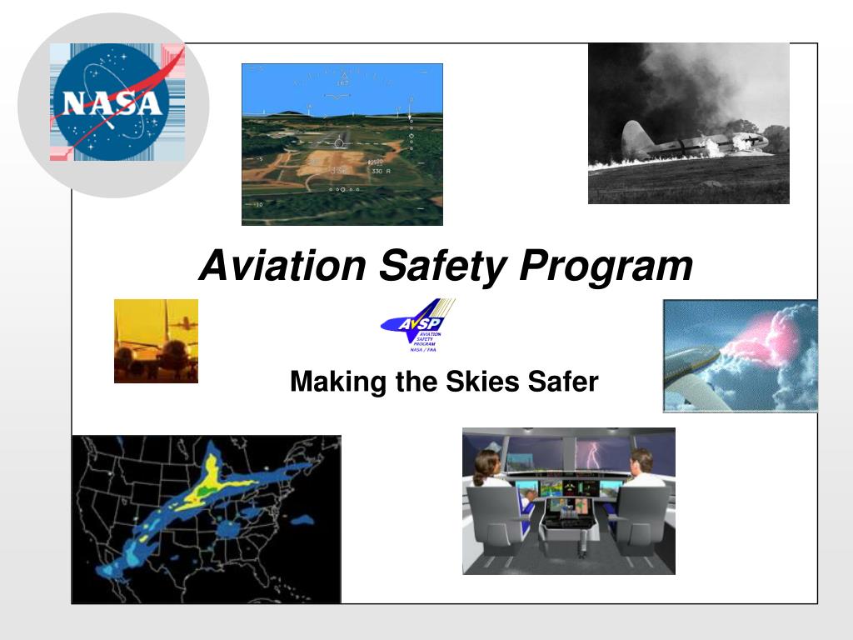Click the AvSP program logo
click(x=417, y=326)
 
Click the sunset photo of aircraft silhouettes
click(x=156, y=341)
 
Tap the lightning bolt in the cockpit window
click(x=592, y=455)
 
